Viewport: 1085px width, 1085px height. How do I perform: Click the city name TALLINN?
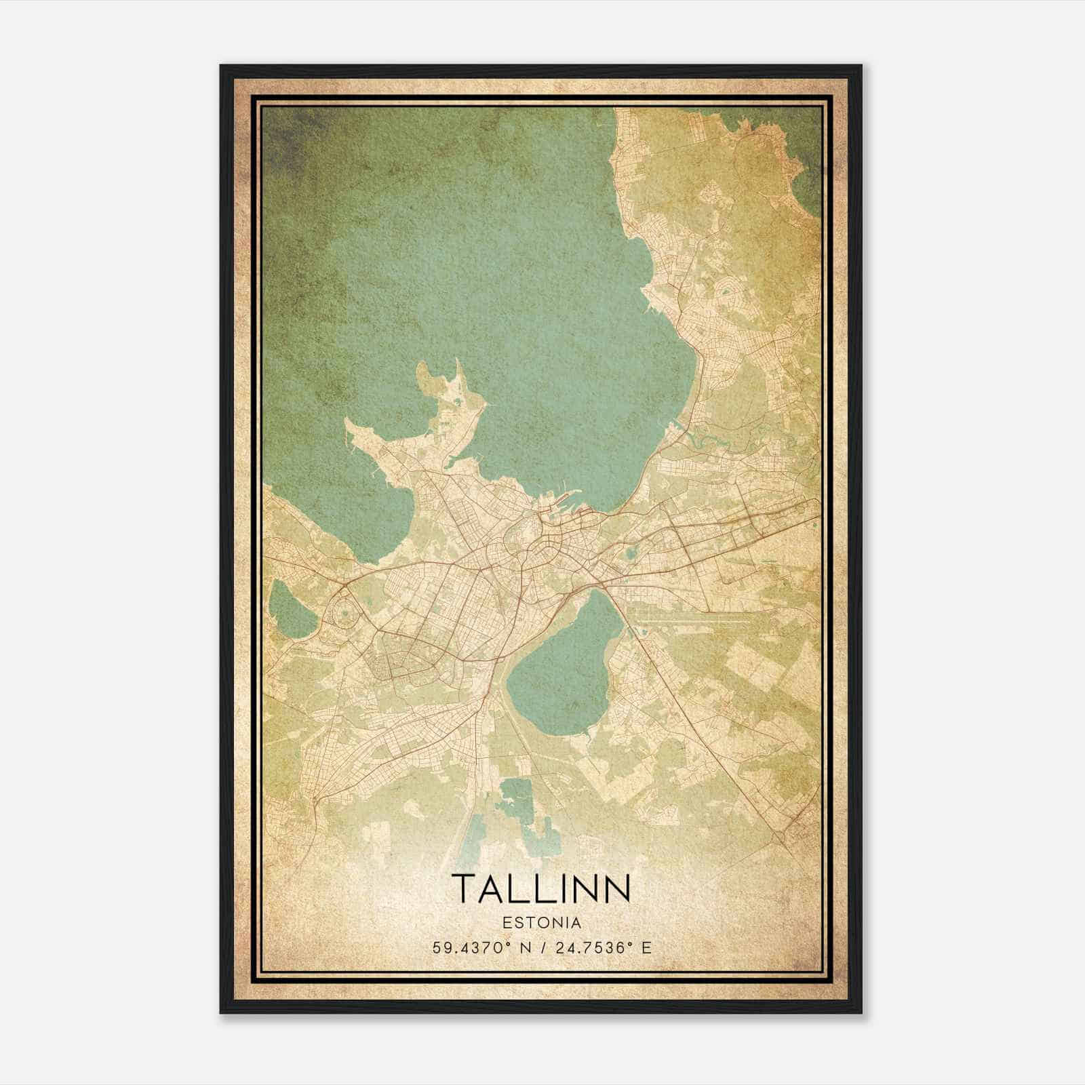point(541,888)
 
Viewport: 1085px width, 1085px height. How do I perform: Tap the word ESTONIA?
point(541,923)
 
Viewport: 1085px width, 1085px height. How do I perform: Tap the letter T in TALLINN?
point(465,888)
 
